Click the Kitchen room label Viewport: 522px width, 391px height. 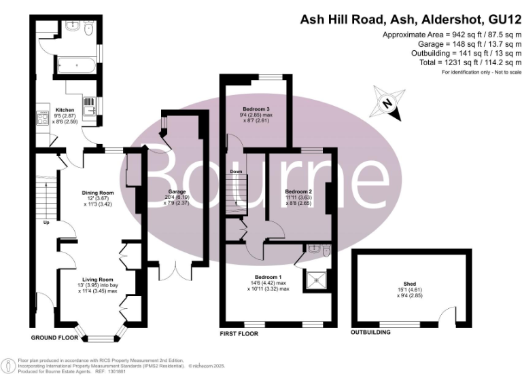pos(65,109)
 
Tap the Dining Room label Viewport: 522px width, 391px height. pos(97,193)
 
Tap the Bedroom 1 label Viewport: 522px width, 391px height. pos(268,278)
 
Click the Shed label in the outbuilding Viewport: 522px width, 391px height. pos(409,284)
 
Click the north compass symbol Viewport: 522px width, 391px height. pos(387,104)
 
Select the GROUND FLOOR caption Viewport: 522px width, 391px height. pos(54,337)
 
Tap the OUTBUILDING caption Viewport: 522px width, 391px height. pos(370,333)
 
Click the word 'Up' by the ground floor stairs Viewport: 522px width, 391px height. pos(46,223)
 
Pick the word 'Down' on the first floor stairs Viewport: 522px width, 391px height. pos(236,172)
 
